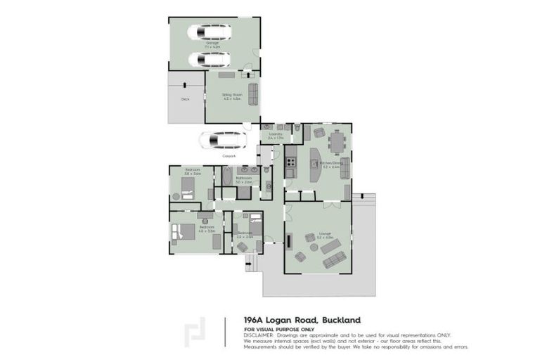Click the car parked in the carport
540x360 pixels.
(x=221, y=141)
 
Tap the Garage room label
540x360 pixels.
(x=212, y=45)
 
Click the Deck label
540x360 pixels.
(x=186, y=99)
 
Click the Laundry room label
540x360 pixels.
(x=276, y=134)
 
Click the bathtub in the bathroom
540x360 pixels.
(x=227, y=176)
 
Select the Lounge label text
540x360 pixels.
(x=324, y=233)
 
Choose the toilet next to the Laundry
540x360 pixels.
(x=298, y=129)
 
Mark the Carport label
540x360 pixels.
(x=228, y=155)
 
